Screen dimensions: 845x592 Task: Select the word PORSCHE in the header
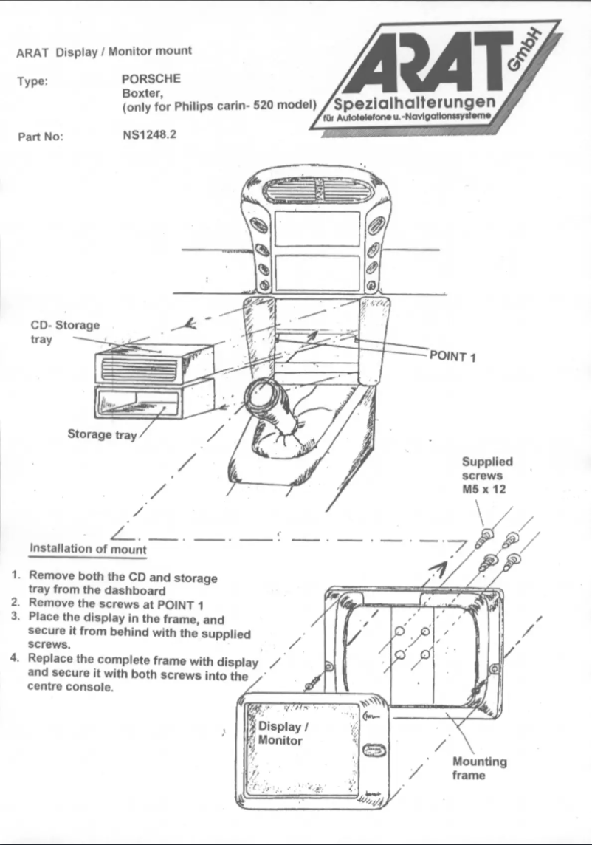point(151,78)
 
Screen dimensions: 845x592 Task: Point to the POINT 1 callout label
point(452,357)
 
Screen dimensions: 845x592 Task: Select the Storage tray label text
point(102,434)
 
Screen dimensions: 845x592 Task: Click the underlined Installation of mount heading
point(88,549)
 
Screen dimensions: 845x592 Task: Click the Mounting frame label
point(479,768)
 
